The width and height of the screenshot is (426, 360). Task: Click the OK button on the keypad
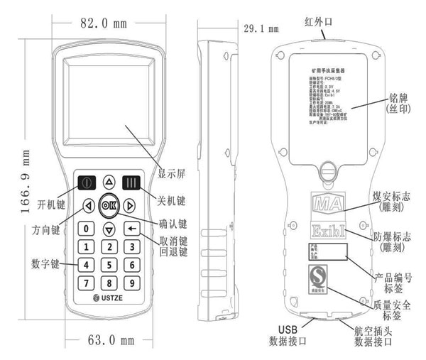pyautogui.click(x=109, y=205)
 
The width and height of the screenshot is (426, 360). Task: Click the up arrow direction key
pyautogui.click(x=109, y=181)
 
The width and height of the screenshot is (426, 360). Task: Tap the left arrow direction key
pyautogui.click(x=87, y=206)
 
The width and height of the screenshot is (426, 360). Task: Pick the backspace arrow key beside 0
pyautogui.click(x=131, y=229)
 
